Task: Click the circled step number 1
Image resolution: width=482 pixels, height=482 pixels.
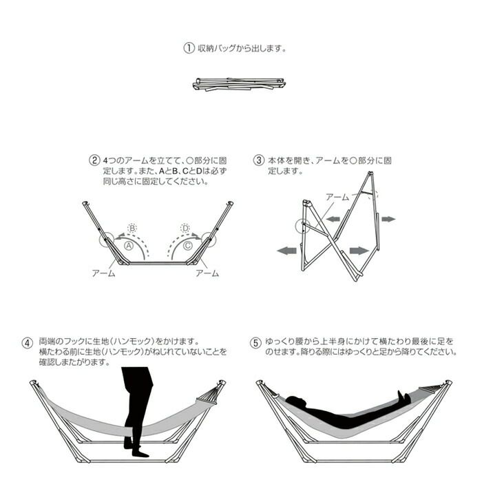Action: coord(189,48)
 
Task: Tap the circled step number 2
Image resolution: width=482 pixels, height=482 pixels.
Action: coord(94,160)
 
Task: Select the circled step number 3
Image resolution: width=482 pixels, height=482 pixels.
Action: coord(258,160)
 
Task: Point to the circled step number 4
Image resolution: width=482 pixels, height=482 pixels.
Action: coord(28,343)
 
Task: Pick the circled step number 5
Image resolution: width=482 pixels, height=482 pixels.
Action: coord(255,343)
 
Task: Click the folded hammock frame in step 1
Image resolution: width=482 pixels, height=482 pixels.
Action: coord(239,84)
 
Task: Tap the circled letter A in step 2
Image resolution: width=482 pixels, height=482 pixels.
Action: coord(129,246)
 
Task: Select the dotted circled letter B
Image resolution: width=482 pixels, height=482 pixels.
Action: coord(132,228)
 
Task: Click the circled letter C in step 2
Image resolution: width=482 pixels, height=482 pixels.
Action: coord(187,246)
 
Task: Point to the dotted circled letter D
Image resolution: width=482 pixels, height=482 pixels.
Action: coord(185,228)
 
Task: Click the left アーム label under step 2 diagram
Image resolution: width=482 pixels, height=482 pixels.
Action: coord(103,273)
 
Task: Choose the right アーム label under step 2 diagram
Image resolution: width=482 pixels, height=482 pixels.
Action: coord(207,273)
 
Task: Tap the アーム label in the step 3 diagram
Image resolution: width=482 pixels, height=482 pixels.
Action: coord(337,197)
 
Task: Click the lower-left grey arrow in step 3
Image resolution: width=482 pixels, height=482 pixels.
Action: coord(287,251)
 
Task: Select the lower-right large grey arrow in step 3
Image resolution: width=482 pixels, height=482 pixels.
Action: coord(359,251)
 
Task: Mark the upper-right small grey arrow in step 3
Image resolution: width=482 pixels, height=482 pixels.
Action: coord(388,219)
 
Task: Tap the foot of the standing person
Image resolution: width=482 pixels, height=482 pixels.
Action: coord(140,453)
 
